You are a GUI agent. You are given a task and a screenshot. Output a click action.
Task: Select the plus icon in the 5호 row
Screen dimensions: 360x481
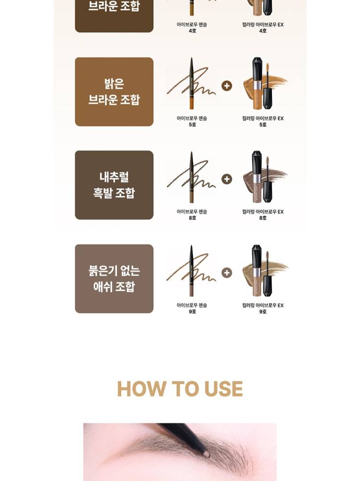(x=226, y=86)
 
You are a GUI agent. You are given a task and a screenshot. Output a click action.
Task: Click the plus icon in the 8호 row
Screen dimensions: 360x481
(x=226, y=179)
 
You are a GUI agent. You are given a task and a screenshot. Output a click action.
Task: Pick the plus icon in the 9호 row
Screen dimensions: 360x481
(x=226, y=272)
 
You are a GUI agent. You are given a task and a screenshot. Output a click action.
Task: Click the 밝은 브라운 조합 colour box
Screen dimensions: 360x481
(x=114, y=91)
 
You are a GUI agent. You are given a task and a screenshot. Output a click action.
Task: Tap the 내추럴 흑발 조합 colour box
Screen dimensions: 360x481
(x=114, y=185)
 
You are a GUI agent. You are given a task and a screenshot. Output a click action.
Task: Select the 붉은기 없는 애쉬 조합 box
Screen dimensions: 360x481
(x=114, y=278)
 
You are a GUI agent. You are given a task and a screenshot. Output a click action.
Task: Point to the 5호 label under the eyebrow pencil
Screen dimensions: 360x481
(x=192, y=125)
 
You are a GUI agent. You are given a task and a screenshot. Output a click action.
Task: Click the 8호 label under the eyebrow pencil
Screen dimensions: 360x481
(x=192, y=218)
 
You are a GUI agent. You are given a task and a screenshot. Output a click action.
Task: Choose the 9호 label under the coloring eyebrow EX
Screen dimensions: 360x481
(x=263, y=311)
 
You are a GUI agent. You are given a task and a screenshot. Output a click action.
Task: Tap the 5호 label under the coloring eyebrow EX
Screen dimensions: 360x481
(x=263, y=125)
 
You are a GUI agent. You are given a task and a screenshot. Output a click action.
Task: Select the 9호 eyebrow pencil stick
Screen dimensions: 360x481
(x=191, y=270)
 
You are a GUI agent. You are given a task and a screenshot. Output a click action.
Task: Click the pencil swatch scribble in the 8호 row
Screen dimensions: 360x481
(x=191, y=177)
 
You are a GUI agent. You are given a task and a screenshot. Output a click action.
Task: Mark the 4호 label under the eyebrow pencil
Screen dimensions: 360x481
(x=192, y=31)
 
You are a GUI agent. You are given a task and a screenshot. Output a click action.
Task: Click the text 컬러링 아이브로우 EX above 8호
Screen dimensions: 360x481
(x=263, y=212)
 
